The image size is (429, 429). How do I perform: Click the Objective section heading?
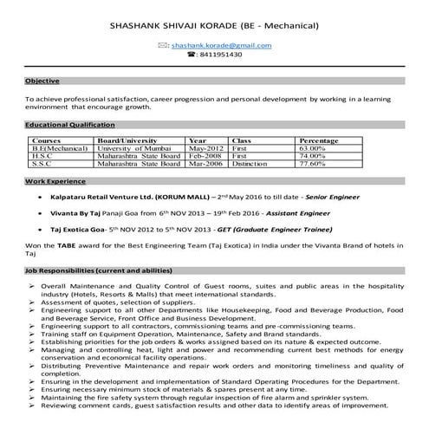pyautogui.click(x=42, y=81)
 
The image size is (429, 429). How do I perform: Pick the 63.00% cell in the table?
pyautogui.click(x=312, y=148)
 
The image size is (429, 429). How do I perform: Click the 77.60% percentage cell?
pyautogui.click(x=312, y=163)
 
